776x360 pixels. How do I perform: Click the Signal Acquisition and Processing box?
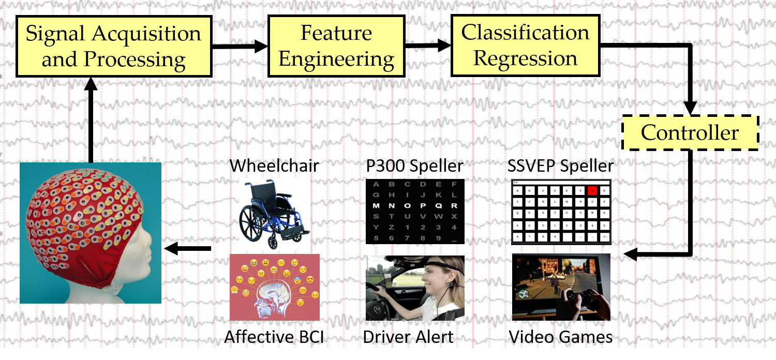click(x=113, y=47)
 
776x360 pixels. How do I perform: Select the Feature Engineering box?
click(x=336, y=47)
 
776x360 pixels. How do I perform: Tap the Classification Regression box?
click(x=525, y=46)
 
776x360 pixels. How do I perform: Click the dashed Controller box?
click(x=690, y=133)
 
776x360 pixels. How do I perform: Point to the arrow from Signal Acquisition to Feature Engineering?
click(x=240, y=47)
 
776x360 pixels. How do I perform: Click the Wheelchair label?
click(x=274, y=166)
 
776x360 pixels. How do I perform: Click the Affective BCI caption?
click(x=274, y=337)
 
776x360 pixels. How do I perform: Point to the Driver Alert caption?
click(x=408, y=337)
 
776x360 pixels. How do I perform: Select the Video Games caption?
click(x=561, y=337)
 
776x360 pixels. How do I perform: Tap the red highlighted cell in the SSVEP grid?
click(x=592, y=190)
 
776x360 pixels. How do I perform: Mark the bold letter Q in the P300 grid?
click(x=439, y=206)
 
